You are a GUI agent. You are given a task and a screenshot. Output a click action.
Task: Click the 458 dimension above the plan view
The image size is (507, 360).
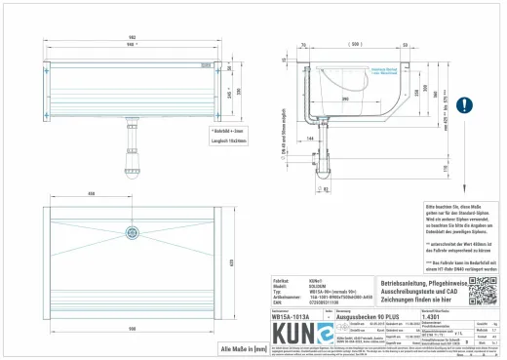point(91,194)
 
